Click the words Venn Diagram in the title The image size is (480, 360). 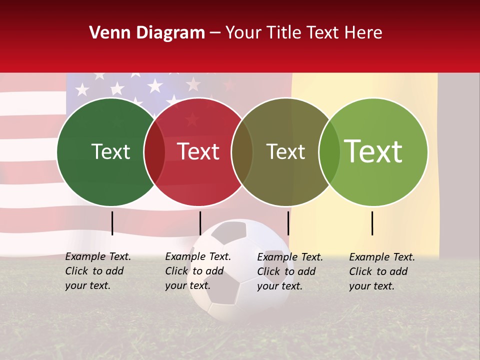click(x=147, y=33)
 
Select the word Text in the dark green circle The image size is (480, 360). click(x=110, y=152)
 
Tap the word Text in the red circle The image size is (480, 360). click(x=198, y=152)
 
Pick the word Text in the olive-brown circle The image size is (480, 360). click(x=285, y=152)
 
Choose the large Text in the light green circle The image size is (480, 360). click(x=373, y=151)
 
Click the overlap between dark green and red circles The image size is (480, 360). click(x=154, y=152)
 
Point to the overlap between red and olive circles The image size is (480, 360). click(x=242, y=152)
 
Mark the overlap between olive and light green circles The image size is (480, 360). click(x=329, y=152)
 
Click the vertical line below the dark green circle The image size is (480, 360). click(x=112, y=223)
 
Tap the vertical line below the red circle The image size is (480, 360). click(x=200, y=223)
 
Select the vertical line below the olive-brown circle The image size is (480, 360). click(x=288, y=223)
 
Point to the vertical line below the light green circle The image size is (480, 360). click(x=372, y=223)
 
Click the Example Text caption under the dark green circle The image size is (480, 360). click(x=97, y=271)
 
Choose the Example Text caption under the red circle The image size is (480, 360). click(x=197, y=271)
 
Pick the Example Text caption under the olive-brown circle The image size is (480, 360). click(x=289, y=271)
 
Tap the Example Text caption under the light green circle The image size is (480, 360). click(x=381, y=271)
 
